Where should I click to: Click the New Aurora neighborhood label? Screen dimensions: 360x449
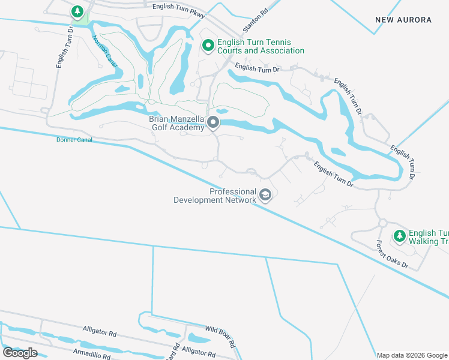tap(403, 20)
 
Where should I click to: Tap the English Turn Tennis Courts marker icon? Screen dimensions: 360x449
tap(208, 46)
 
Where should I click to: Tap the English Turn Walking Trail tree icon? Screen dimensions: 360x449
tap(399, 236)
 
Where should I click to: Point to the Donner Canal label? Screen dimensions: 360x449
tap(73, 139)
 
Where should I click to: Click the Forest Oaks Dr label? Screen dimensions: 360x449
tap(392, 255)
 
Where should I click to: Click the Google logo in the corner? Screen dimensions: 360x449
tap(20, 353)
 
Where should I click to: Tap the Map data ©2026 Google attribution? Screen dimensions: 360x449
tap(412, 355)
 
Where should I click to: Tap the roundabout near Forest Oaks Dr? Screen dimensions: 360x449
tap(382, 223)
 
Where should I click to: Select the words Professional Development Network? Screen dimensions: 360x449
tap(214, 196)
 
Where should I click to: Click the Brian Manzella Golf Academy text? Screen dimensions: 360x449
tap(177, 123)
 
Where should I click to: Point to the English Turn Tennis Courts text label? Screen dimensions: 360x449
tap(261, 46)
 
